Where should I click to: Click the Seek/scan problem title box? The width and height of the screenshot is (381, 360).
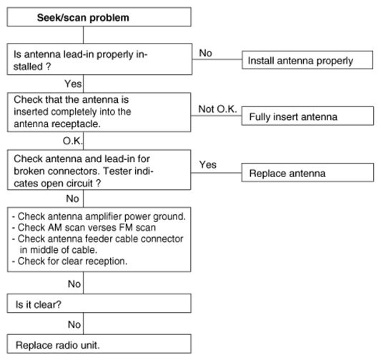coord(99,17)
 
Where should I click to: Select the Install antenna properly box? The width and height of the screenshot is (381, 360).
coord(307,60)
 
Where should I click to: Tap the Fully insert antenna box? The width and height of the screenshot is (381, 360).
coord(307,116)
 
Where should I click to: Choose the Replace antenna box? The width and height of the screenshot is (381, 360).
coord(307,172)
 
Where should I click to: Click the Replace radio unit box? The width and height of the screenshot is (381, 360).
coord(99,344)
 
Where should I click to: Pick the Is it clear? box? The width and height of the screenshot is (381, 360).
coord(99,303)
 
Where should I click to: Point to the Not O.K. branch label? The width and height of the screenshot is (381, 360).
coord(217,109)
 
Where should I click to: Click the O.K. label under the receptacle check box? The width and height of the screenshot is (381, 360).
coord(73,141)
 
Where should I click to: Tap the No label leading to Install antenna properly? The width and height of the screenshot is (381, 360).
coord(206,53)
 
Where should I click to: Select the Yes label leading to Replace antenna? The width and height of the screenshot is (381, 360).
coord(208,164)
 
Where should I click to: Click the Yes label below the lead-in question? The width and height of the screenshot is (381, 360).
coord(73,84)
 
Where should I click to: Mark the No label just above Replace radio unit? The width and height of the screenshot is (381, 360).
coord(74,324)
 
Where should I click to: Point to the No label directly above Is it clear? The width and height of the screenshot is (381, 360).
coord(74,284)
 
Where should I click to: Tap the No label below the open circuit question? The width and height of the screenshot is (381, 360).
coord(72,199)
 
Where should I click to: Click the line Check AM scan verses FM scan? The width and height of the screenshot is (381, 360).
coord(84,228)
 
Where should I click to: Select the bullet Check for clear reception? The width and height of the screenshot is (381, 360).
coord(69,261)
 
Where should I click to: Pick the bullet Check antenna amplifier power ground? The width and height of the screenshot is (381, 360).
coord(99,216)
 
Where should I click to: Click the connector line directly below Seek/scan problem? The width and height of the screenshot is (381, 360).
coord(84,35)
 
